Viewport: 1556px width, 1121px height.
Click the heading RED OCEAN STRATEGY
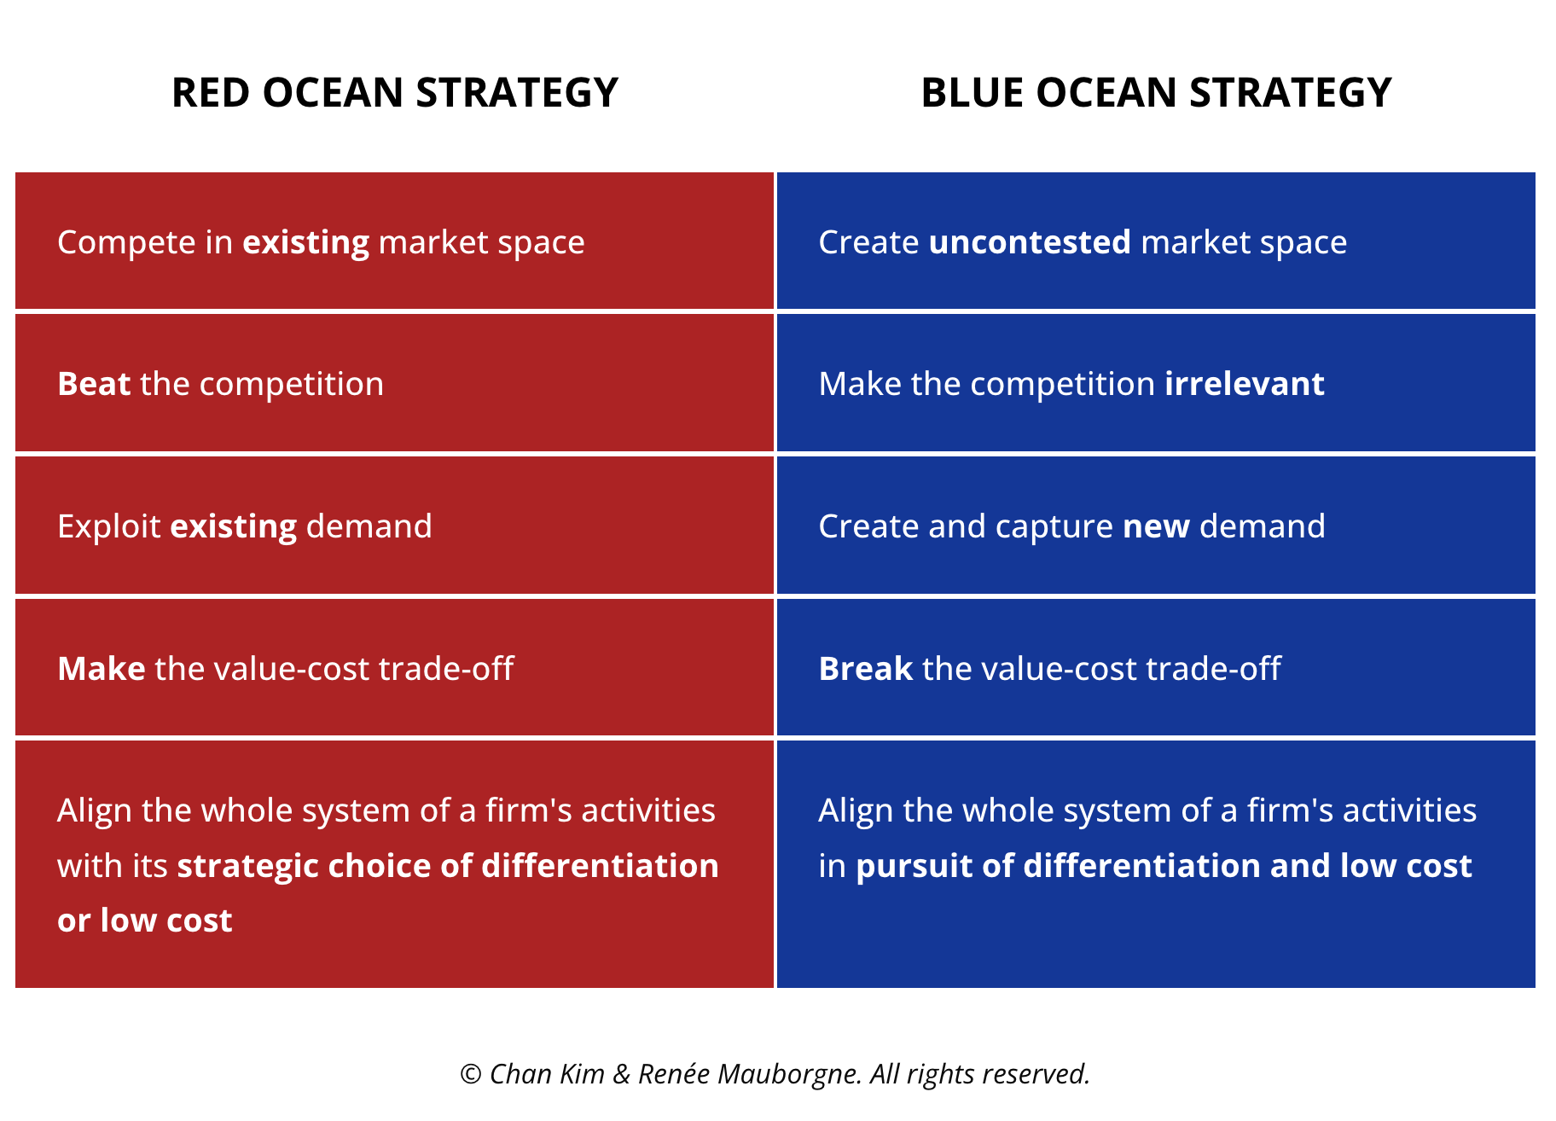[x=395, y=93]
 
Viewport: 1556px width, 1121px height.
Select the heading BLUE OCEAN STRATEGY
[x=1156, y=93]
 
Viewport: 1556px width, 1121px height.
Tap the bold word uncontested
[x=1030, y=242]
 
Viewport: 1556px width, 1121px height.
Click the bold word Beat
[x=94, y=384]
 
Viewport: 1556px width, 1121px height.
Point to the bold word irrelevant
[x=1245, y=384]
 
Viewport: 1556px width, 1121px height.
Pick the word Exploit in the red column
[x=109, y=527]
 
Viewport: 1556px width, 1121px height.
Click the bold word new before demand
[x=1156, y=527]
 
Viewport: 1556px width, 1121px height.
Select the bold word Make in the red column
[x=102, y=669]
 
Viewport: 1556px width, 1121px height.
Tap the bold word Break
[x=866, y=669]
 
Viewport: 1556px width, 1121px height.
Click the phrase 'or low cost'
[x=145, y=921]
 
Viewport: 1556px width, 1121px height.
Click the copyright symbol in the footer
[x=471, y=1074]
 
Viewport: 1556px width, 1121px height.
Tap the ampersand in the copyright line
[x=622, y=1074]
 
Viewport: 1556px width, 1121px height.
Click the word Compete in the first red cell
[x=127, y=243]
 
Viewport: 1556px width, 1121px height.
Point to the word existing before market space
[x=306, y=243]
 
